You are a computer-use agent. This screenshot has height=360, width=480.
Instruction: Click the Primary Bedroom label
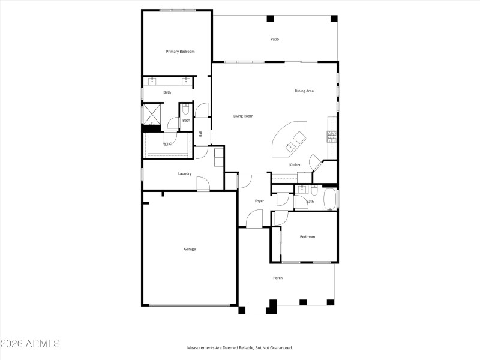coord(180,52)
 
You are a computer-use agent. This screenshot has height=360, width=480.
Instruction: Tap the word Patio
coord(274,40)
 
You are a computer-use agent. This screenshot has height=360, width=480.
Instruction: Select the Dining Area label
coord(304,91)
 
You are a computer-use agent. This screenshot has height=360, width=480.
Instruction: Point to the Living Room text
coord(243,116)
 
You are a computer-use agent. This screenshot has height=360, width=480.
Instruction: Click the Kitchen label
coord(295,164)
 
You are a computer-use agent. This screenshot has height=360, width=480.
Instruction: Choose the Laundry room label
coord(185,174)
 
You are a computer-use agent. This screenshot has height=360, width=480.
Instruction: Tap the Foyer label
coord(259,201)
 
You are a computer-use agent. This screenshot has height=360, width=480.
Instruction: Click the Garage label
coord(190,249)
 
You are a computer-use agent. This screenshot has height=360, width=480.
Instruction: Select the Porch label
coord(278,278)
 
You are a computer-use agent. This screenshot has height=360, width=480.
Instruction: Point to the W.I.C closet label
coord(168,144)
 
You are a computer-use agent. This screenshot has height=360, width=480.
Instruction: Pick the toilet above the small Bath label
coord(186,110)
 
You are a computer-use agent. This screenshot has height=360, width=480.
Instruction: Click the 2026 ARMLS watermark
coord(30,344)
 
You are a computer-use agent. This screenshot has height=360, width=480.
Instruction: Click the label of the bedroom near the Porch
coord(307,237)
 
